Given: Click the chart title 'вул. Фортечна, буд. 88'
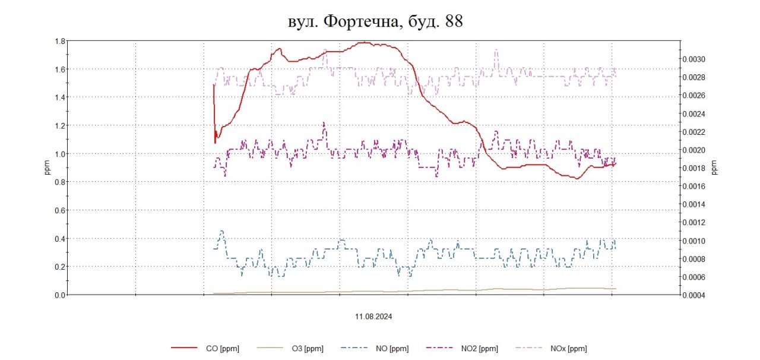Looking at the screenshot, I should click(x=375, y=21).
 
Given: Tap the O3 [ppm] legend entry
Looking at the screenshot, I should click(x=307, y=349).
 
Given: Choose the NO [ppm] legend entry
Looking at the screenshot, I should click(x=391, y=349).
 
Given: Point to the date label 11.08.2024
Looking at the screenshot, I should click(x=373, y=317).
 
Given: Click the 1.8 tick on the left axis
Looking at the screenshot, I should click(x=59, y=41).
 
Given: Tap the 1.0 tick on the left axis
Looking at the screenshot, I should click(x=59, y=154).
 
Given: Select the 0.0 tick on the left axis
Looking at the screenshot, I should click(x=59, y=295).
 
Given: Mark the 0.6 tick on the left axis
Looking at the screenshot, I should click(x=59, y=210).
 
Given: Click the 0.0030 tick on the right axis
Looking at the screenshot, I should click(x=692, y=59).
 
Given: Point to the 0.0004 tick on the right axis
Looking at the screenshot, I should click(x=692, y=295).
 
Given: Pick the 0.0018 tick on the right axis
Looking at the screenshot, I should click(x=692, y=168).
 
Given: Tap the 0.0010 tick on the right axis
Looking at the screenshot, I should click(x=692, y=241).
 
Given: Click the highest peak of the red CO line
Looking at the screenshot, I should click(x=365, y=42).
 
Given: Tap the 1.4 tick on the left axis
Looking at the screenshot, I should click(x=59, y=97).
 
